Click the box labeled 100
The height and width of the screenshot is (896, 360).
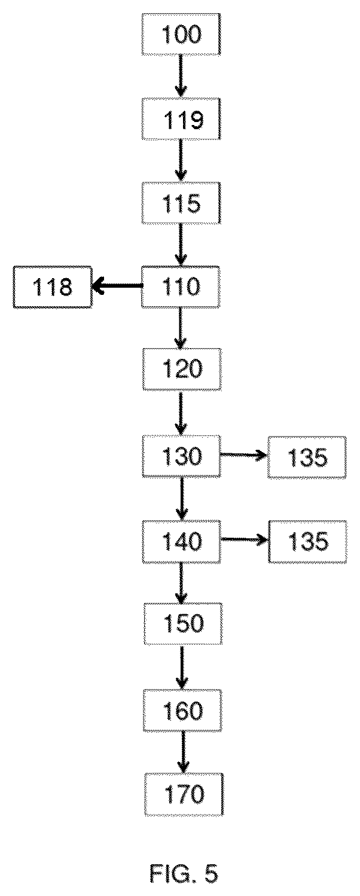pyautogui.click(x=181, y=34)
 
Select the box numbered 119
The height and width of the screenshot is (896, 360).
pyautogui.click(x=181, y=119)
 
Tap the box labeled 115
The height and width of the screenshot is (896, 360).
pyautogui.click(x=181, y=203)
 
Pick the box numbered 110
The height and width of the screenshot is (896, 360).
pyautogui.click(x=181, y=287)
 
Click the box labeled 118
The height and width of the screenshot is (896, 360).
pyautogui.click(x=53, y=287)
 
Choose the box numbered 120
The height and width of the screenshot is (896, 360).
pyautogui.click(x=182, y=369)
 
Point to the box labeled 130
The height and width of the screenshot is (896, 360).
pyautogui.click(x=182, y=456)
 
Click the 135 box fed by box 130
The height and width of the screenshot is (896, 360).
pyautogui.click(x=307, y=458)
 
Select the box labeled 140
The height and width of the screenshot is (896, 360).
pyautogui.click(x=182, y=542)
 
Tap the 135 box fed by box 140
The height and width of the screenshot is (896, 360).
pyautogui.click(x=307, y=542)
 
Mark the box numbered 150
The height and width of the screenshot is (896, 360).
pyautogui.click(x=183, y=624)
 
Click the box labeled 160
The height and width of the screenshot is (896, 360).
pyautogui.click(x=182, y=711)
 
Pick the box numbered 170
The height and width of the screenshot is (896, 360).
pyautogui.click(x=184, y=795)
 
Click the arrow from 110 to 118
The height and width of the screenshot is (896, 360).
pyautogui.click(x=117, y=286)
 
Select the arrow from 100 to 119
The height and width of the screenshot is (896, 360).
pyautogui.click(x=181, y=76)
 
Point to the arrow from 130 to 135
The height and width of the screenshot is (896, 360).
pyautogui.click(x=244, y=455)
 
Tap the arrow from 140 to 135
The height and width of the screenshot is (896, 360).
pyautogui.click(x=245, y=540)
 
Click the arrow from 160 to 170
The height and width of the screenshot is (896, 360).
pyautogui.click(x=183, y=752)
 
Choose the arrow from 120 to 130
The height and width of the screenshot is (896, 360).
pyautogui.click(x=181, y=413)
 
